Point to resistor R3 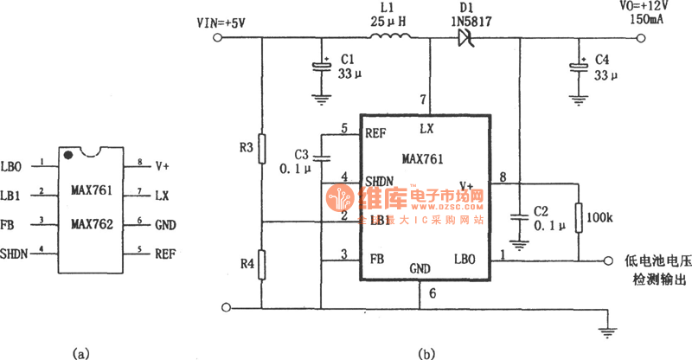(262, 147)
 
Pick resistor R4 (262, 260)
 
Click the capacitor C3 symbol (321, 157)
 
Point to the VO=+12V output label (621, 6)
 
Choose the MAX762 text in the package (93, 224)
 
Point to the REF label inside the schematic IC (375, 132)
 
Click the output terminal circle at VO (642, 37)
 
